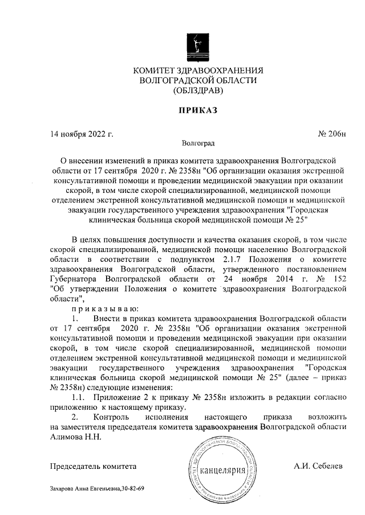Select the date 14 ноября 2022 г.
click(82, 134)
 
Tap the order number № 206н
click(331, 134)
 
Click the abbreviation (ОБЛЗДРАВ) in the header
click(198, 90)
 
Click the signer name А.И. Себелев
click(318, 466)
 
